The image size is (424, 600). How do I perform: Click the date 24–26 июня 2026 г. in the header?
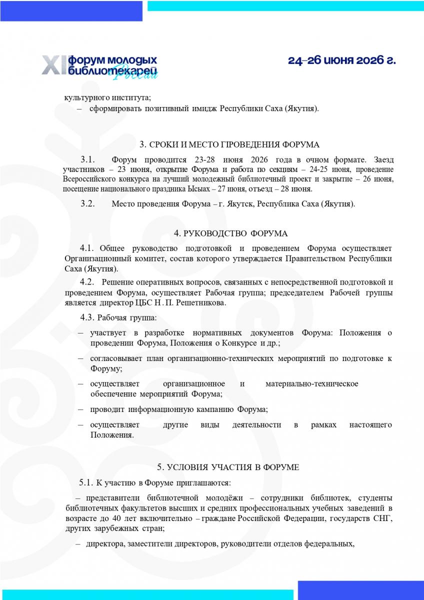[341, 60]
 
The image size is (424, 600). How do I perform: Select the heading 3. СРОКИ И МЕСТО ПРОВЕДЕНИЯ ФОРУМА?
[229, 145]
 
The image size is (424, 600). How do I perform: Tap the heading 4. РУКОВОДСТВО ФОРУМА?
[230, 233]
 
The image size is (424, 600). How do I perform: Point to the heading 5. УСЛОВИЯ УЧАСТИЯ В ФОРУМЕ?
[228, 467]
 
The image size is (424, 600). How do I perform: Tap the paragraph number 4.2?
[87, 282]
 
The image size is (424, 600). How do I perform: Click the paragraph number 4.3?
[87, 317]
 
